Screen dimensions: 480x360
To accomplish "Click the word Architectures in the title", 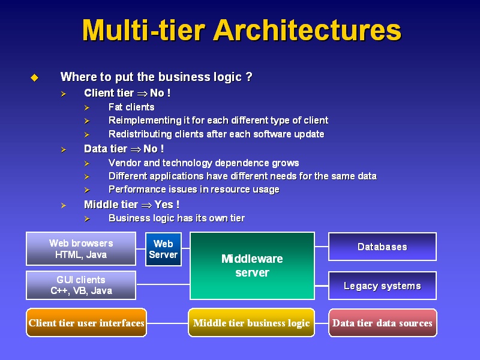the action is (307, 30).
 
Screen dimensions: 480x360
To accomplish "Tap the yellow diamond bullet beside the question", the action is (35, 77).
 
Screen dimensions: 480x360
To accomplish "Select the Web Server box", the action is (163, 249).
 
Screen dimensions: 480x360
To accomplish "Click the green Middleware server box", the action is (252, 266).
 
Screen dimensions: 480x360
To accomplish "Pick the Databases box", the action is (382, 247).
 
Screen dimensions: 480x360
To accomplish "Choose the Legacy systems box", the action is (382, 286).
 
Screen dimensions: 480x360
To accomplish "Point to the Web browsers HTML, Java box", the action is (81, 248).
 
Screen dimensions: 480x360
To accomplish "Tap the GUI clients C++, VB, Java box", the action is (81, 286).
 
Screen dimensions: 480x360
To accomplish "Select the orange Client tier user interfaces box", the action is (86, 323).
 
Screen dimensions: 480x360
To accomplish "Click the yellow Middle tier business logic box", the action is (251, 323).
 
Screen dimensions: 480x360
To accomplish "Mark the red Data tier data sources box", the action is (383, 323).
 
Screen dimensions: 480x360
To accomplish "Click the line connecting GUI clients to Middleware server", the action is (163, 284).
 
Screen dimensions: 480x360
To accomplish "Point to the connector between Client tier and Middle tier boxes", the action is (167, 323).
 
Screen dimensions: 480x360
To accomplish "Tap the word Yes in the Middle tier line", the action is (164, 204).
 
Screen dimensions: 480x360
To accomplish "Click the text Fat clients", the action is (131, 107).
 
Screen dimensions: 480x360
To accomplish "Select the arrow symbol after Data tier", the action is (136, 149).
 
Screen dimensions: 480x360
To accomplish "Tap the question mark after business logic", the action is (249, 77).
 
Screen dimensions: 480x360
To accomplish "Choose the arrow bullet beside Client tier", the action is (64, 94).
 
